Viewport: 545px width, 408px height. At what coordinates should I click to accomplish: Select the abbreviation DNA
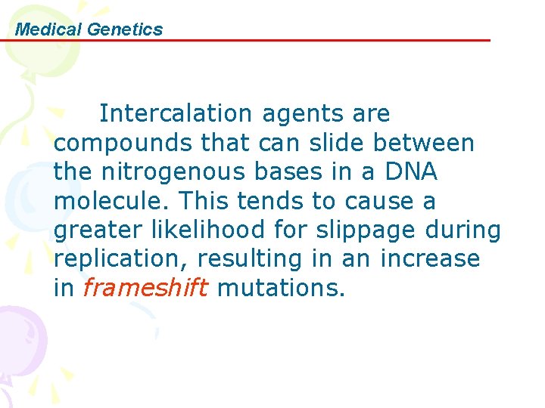pyautogui.click(x=410, y=172)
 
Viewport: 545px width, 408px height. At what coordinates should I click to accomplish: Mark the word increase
pyautogui.click(x=430, y=259)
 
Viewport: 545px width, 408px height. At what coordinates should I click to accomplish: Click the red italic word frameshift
pyautogui.click(x=144, y=288)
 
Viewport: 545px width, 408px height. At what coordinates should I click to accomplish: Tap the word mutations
pyautogui.click(x=280, y=288)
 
